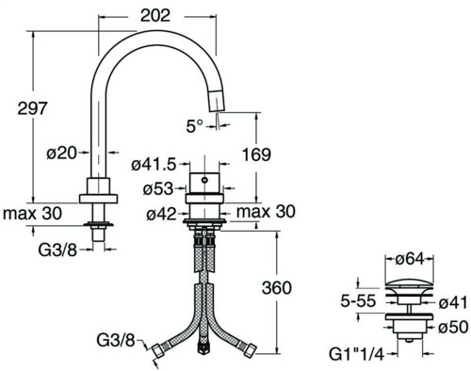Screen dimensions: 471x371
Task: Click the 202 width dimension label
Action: click(x=155, y=15)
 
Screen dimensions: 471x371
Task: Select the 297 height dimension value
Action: click(x=32, y=108)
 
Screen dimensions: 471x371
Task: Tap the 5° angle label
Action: click(x=195, y=126)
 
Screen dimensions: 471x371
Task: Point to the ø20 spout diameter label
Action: click(x=61, y=153)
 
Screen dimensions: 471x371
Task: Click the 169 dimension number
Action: click(x=256, y=154)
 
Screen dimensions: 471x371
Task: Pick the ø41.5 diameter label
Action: click(x=154, y=165)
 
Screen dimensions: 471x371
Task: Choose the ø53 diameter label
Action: click(x=158, y=189)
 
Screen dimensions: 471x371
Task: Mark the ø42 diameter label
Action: click(x=161, y=214)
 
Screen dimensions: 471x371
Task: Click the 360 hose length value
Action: click(x=277, y=288)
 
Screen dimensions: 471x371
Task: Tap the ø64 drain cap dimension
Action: click(x=410, y=259)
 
